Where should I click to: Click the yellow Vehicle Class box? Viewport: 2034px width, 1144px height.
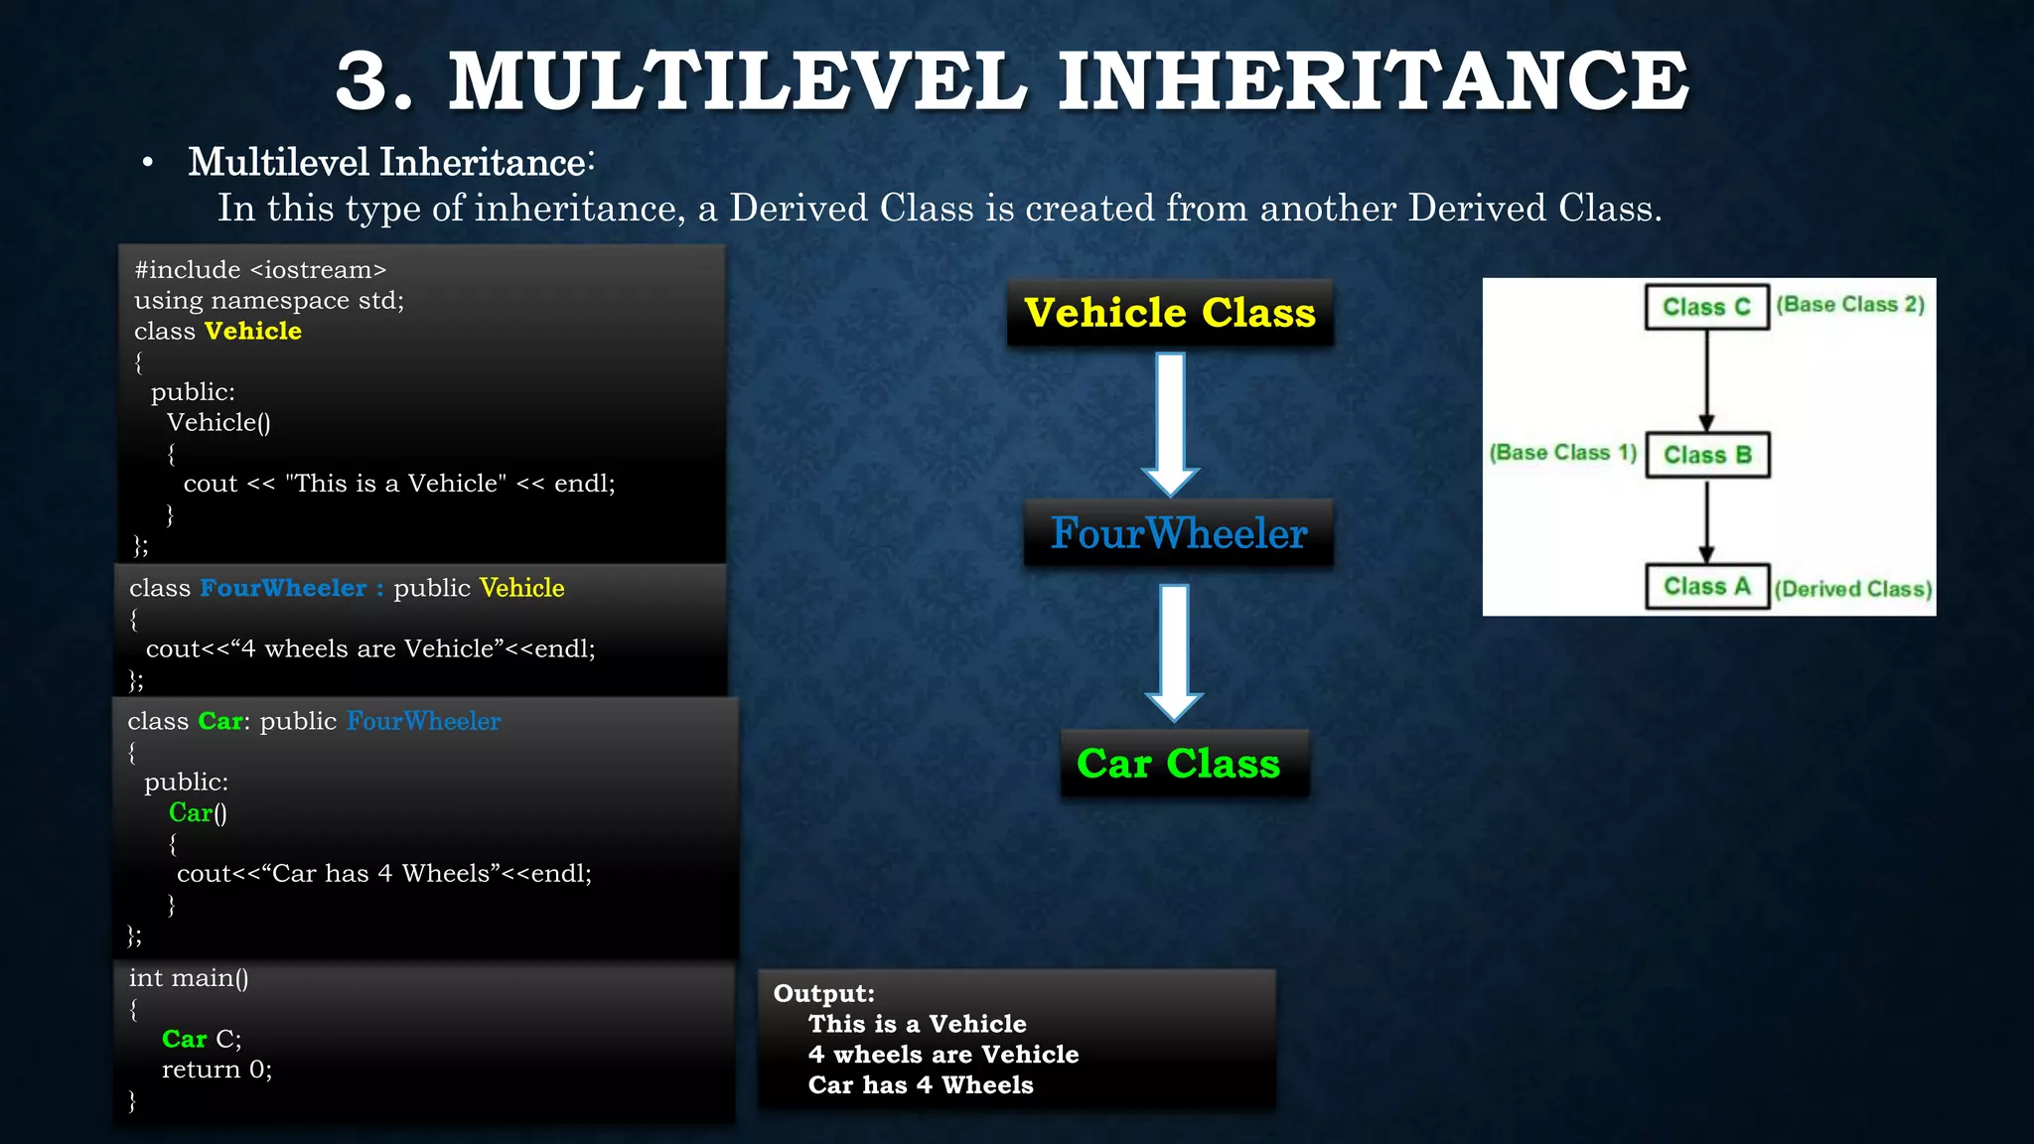1170,314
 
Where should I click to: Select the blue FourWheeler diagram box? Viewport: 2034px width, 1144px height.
1179,534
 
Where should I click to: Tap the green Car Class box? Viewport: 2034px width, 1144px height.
1180,764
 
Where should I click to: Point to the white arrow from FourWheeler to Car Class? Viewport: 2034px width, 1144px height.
1175,651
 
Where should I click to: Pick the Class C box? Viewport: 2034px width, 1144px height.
1707,307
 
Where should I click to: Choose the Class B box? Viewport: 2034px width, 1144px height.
1707,455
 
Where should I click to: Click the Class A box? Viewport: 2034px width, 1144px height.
1707,587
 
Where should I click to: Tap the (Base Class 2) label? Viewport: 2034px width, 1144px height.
1850,305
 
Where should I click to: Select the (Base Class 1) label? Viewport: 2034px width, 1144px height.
1562,453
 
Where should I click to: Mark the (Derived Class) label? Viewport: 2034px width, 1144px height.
1853,589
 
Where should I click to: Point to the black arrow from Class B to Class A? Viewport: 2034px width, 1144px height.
1707,521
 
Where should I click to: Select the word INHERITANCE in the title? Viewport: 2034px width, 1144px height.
1372,81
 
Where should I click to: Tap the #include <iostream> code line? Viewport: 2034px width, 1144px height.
260,270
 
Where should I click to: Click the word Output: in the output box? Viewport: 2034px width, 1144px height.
824,993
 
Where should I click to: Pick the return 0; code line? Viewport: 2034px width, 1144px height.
217,1070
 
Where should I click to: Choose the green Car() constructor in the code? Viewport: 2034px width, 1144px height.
198,813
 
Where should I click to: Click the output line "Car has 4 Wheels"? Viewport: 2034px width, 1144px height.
921,1085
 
